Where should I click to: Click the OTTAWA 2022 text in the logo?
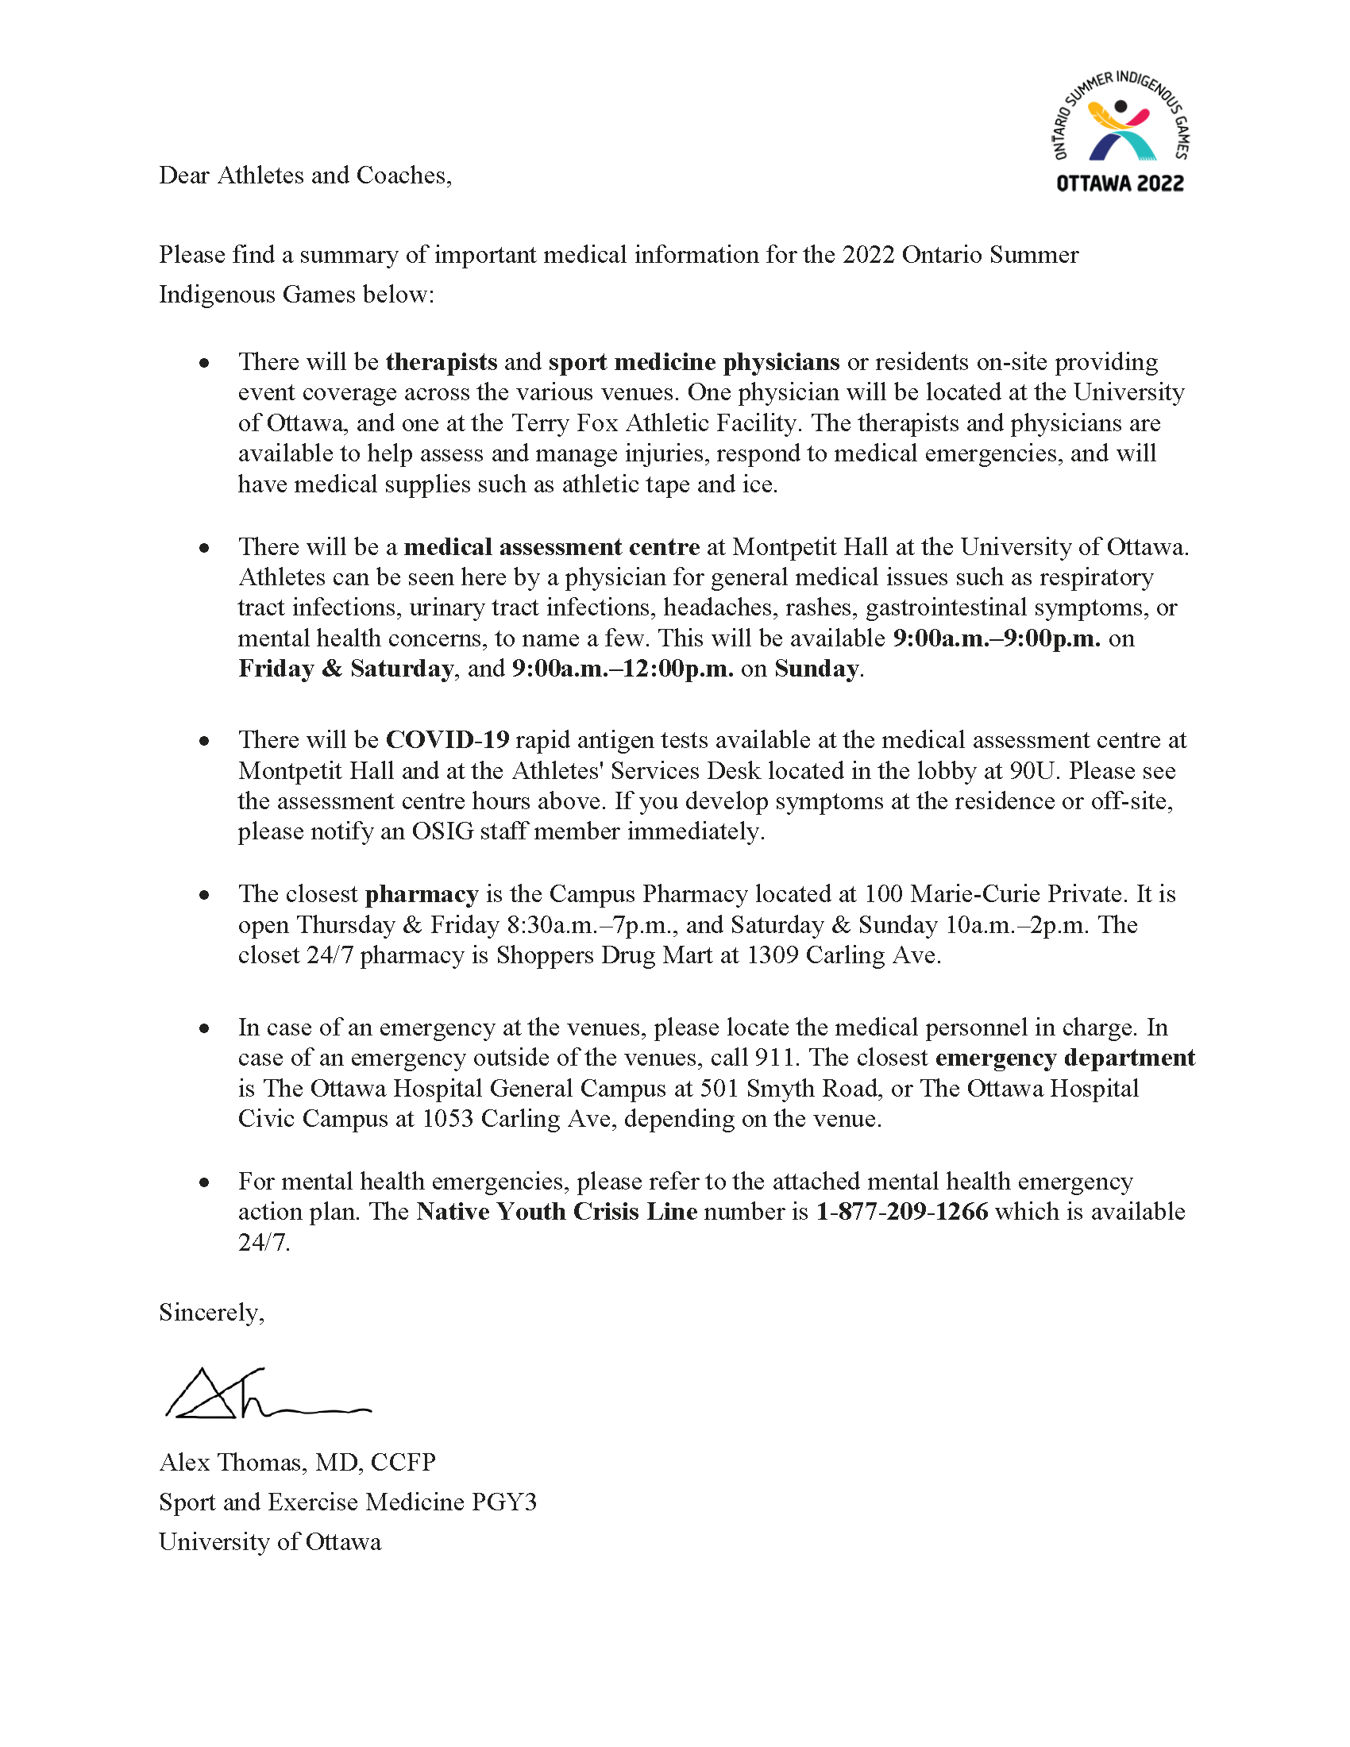point(1120,184)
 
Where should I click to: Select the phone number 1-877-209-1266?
point(901,1212)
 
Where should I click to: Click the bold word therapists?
point(441,362)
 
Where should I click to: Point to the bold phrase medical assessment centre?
point(551,547)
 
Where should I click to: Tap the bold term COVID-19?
point(447,740)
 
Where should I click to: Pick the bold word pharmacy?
point(422,894)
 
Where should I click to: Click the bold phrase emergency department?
point(1064,1059)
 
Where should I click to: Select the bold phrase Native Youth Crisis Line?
point(557,1212)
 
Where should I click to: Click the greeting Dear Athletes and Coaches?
point(305,175)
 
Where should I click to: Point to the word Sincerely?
point(211,1313)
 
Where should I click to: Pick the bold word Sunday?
point(816,669)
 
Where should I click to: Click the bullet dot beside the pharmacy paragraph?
point(205,895)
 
